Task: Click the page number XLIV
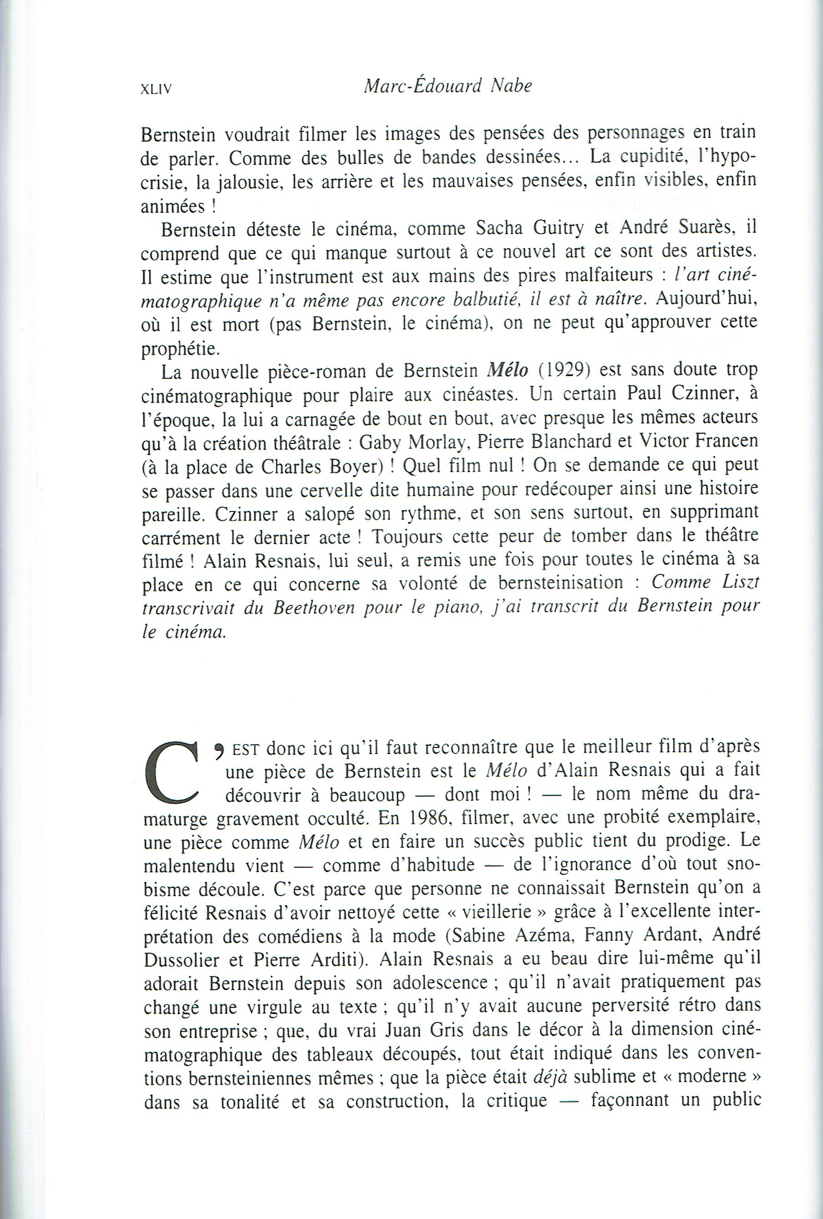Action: coord(154,89)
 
